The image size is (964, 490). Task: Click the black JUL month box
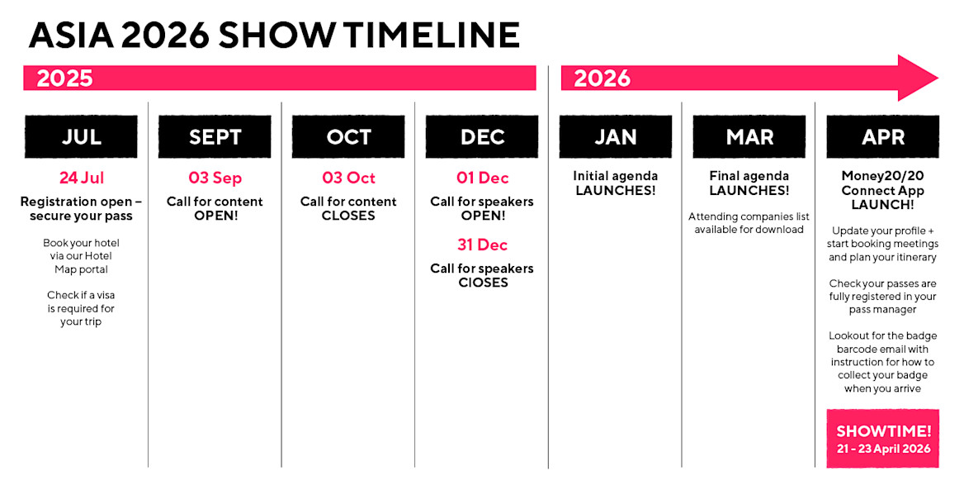pyautogui.click(x=81, y=136)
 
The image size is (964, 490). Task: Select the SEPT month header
pyautogui.click(x=215, y=136)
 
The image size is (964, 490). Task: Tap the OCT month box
pyautogui.click(x=348, y=136)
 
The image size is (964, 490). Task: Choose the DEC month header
pyautogui.click(x=482, y=136)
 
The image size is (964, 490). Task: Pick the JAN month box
pyautogui.click(x=616, y=136)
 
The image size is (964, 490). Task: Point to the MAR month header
pyautogui.click(x=749, y=136)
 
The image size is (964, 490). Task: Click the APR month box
pyautogui.click(x=883, y=136)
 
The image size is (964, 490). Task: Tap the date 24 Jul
pyautogui.click(x=82, y=178)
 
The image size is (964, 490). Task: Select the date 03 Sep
pyautogui.click(x=215, y=178)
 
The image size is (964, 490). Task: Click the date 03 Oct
pyautogui.click(x=348, y=178)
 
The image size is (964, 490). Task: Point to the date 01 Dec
pyautogui.click(x=483, y=178)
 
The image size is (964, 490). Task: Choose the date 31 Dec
pyautogui.click(x=483, y=245)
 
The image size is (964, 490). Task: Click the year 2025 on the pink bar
pyautogui.click(x=64, y=78)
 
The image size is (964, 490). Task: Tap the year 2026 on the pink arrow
pyautogui.click(x=602, y=78)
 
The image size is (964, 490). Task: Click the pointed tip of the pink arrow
pyautogui.click(x=938, y=78)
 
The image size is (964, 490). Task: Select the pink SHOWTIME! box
pyautogui.click(x=883, y=438)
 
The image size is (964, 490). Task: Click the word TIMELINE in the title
pyautogui.click(x=432, y=35)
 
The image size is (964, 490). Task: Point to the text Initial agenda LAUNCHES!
pyautogui.click(x=616, y=183)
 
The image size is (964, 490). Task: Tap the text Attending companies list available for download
pyautogui.click(x=749, y=223)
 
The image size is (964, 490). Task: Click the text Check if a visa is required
pyautogui.click(x=81, y=302)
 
